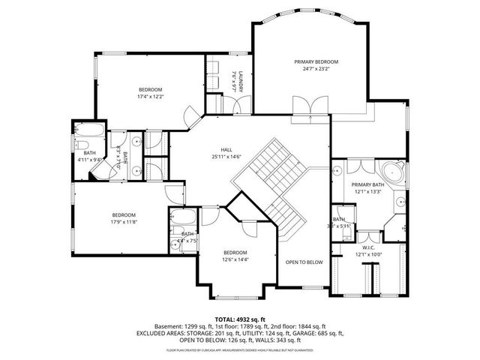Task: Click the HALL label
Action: click(x=226, y=149)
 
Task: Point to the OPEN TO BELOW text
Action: click(x=304, y=262)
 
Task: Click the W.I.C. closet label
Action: click(x=367, y=247)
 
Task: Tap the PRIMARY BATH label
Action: click(x=367, y=184)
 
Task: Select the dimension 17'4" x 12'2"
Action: click(x=151, y=96)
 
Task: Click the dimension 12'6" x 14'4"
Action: click(x=235, y=259)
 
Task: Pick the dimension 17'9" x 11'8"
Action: click(x=124, y=221)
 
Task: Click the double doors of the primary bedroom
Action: click(x=310, y=107)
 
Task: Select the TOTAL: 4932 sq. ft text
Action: click(x=239, y=319)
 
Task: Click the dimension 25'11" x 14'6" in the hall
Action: click(x=226, y=157)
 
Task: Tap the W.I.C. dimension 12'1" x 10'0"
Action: click(x=367, y=254)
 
